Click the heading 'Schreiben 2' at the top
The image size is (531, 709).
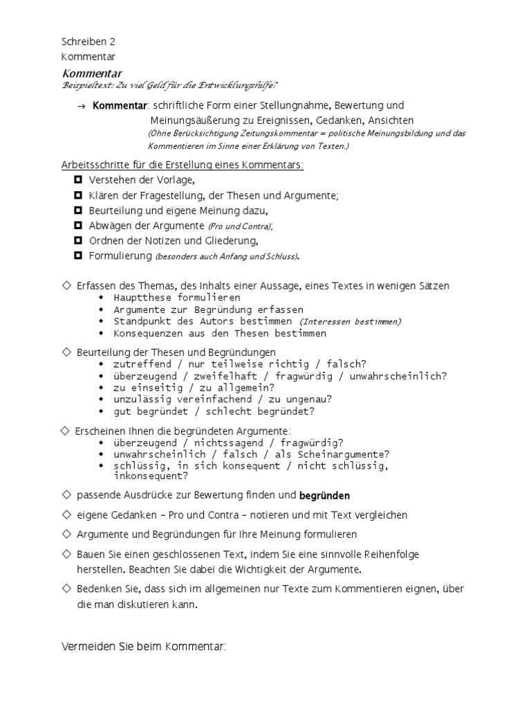coord(88,42)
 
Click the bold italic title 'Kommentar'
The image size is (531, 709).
coord(92,73)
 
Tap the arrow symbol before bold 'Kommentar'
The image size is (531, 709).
coord(82,106)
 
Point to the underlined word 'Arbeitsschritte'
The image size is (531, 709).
coord(92,165)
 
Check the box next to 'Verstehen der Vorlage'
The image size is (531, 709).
coord(77,179)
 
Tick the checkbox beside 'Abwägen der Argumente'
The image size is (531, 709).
coord(77,225)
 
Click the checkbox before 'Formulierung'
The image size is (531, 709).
coord(77,255)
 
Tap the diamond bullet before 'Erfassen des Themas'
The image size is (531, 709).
coord(66,285)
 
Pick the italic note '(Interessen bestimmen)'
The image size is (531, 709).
coord(350,321)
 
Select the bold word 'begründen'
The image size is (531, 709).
coord(324,496)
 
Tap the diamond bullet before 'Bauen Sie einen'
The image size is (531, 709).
coord(66,554)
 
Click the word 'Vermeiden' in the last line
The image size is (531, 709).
coord(86,647)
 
